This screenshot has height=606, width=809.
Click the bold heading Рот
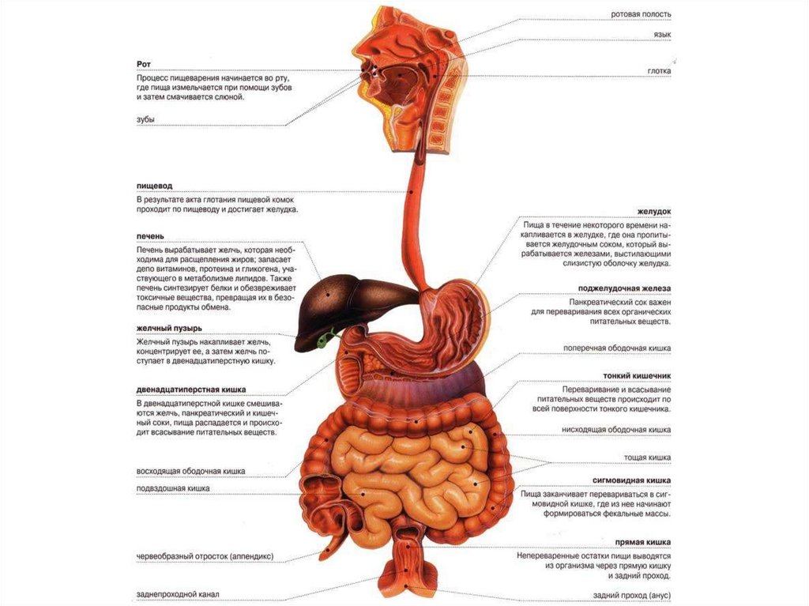[143, 63]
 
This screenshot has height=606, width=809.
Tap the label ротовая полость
[641, 14]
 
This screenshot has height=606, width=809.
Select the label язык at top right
[662, 36]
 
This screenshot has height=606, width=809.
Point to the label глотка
[659, 70]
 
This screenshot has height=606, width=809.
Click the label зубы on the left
[145, 119]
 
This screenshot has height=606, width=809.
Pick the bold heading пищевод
[154, 185]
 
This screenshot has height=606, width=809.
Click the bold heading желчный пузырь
[169, 328]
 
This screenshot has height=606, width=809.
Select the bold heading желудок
[654, 212]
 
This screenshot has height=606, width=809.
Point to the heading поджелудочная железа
[624, 289]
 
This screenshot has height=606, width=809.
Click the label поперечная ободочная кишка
[617, 348]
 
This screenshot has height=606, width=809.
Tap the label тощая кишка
[648, 457]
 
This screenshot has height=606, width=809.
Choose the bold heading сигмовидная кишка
[632, 480]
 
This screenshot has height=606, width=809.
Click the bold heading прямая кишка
[643, 542]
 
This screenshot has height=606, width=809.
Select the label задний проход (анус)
[632, 595]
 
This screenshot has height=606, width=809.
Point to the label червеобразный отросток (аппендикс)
[205, 556]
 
